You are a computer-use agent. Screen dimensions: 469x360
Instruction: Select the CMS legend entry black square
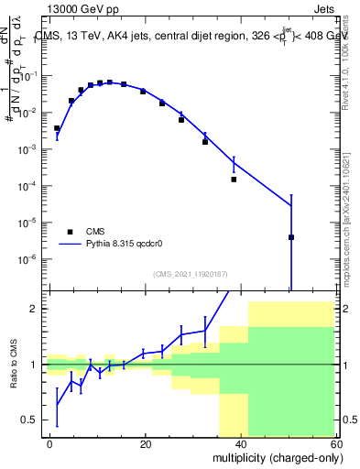pyautogui.click(x=70, y=232)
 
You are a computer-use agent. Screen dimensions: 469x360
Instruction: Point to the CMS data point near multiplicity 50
pyautogui.click(x=291, y=237)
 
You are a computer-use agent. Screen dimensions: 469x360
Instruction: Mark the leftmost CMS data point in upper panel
pyautogui.click(x=57, y=128)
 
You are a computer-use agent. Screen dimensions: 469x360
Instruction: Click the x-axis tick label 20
pyautogui.click(x=146, y=443)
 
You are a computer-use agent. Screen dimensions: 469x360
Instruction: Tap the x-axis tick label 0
pyautogui.click(x=50, y=443)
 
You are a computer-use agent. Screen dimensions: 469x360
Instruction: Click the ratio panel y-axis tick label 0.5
pyautogui.click(x=31, y=420)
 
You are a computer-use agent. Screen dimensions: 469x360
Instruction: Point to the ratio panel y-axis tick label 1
pyautogui.click(x=35, y=365)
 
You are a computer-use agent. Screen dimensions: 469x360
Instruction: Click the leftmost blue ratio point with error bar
pyautogui.click(x=57, y=404)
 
